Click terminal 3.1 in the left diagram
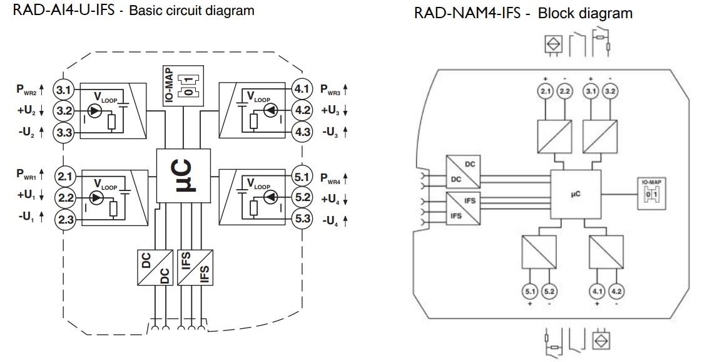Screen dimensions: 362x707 tap(63, 89)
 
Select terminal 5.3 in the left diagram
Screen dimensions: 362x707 tap(302, 220)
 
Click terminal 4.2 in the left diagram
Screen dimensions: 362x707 tap(302, 110)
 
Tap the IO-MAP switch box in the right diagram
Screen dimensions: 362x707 tap(651, 194)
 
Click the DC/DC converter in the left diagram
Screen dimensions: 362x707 tap(155, 268)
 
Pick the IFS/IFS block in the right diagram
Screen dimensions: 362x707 tap(462, 209)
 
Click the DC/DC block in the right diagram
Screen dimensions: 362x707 tap(462, 170)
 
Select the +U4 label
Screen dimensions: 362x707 tap(333, 198)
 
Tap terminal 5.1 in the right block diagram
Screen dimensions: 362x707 tap(529, 291)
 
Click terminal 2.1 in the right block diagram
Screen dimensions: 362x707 tap(545, 92)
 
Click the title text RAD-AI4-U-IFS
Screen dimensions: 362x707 tap(59, 11)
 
